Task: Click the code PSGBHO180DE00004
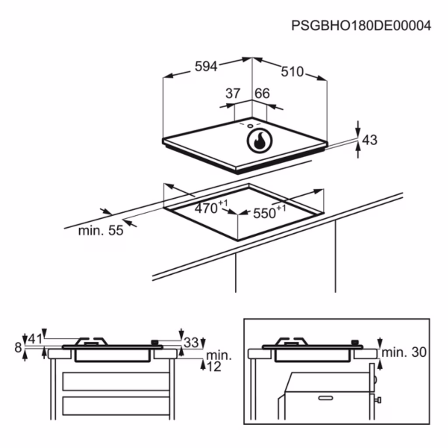point(361,26)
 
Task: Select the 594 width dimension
point(206,66)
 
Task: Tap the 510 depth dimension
point(292,72)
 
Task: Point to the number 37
point(233,94)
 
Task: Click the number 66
point(262,94)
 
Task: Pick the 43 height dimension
point(369,140)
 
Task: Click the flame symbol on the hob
point(259,141)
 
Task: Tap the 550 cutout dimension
point(269,213)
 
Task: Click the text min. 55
point(101,231)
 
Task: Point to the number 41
point(35,339)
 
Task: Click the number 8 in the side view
point(18,348)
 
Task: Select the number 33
point(191,343)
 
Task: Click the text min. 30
point(404,352)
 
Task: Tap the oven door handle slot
point(325,398)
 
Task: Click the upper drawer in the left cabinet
point(116,381)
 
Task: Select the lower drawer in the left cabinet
point(116,406)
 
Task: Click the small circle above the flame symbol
point(250,126)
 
